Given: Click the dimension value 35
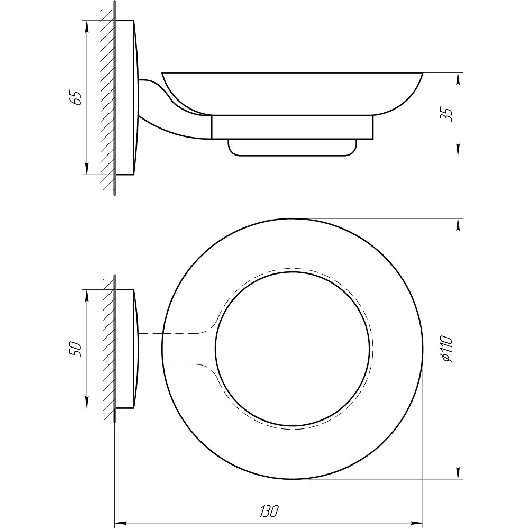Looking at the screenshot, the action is [x=446, y=115].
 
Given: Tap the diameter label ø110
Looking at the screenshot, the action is [x=446, y=349].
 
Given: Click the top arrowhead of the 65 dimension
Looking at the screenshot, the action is [x=87, y=26].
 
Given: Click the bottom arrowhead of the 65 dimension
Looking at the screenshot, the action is [x=87, y=169].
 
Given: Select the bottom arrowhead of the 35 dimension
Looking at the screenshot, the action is [x=458, y=150].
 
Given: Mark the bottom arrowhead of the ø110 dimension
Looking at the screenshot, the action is [x=458, y=473].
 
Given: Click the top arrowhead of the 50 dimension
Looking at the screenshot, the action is [x=87, y=295].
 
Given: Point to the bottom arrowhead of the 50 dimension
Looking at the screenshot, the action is [x=87, y=402].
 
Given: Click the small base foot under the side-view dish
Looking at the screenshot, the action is [x=292, y=148].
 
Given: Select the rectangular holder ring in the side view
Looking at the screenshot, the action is [x=292, y=127].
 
